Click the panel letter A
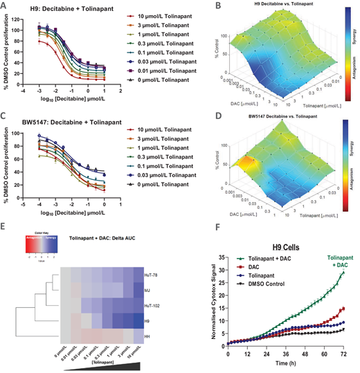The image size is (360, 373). click(5, 6)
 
